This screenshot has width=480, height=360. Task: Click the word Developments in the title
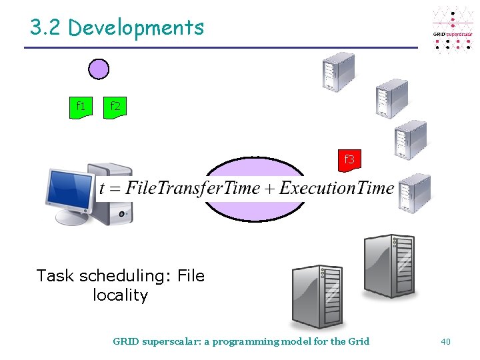136,28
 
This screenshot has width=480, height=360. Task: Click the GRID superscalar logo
453,31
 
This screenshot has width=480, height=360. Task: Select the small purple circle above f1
99,69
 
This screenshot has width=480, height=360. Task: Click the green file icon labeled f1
81,107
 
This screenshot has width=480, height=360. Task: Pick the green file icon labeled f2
115,107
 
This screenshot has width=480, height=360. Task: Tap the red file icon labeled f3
349,160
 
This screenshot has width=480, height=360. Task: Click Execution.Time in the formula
337,189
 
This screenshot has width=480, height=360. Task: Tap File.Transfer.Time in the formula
193,189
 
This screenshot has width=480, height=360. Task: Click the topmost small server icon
338,71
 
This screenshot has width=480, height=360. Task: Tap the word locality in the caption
120,295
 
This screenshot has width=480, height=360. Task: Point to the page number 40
445,341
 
